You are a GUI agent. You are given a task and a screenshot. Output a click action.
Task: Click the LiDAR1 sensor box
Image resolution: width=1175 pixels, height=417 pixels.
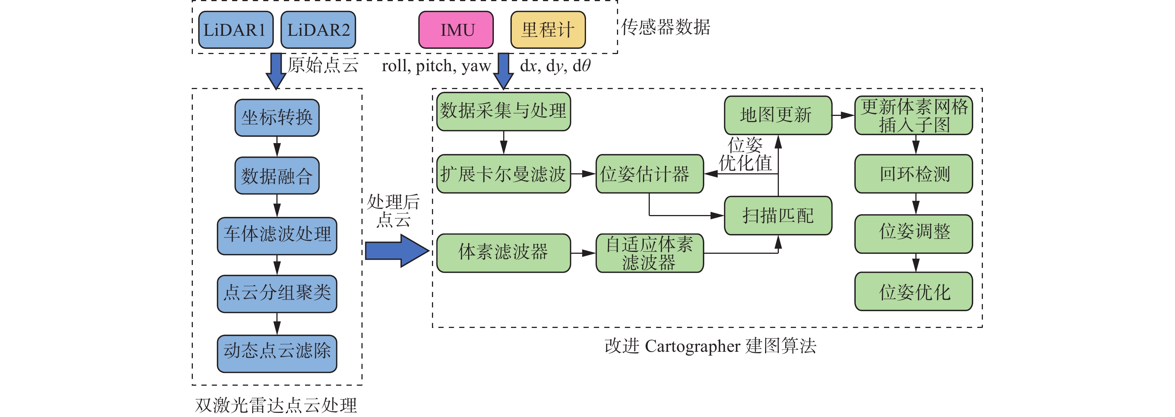(x=236, y=30)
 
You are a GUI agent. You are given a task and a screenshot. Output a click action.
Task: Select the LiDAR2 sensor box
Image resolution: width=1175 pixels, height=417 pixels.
(x=318, y=30)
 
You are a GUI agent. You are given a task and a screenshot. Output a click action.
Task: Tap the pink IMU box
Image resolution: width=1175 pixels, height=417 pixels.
(x=456, y=30)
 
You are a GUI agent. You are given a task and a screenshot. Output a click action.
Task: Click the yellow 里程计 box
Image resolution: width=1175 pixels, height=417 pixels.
(x=548, y=30)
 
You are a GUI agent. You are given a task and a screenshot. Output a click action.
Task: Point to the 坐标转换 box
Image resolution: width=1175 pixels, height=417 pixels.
(x=277, y=118)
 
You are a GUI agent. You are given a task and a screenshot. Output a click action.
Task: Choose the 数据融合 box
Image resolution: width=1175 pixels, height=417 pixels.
(x=277, y=176)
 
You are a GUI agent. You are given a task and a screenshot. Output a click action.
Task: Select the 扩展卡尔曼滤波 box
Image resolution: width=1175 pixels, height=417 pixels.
(x=503, y=174)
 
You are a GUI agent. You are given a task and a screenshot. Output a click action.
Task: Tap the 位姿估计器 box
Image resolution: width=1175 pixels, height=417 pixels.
(x=649, y=174)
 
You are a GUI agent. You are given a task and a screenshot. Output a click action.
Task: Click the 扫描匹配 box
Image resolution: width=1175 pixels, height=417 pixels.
(x=778, y=215)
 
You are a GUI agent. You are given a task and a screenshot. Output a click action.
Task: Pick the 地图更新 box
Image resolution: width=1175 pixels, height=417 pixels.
(x=778, y=115)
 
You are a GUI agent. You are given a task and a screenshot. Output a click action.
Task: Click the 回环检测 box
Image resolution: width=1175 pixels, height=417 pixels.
(x=913, y=174)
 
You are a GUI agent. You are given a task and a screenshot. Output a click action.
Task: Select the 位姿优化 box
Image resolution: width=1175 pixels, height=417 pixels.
(x=913, y=292)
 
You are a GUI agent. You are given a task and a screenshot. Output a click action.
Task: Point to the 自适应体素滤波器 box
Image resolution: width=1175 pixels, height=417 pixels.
(x=649, y=253)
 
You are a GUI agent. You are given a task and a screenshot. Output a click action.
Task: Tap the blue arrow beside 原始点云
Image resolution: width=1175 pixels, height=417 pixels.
(x=276, y=71)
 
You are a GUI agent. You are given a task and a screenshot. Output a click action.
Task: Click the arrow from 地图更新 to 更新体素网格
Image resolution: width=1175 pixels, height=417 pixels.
(x=843, y=115)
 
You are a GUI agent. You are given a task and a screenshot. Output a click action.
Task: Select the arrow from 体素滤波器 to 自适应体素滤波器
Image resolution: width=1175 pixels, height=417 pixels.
(x=583, y=253)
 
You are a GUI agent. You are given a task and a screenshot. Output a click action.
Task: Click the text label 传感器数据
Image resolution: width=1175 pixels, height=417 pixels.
(x=665, y=27)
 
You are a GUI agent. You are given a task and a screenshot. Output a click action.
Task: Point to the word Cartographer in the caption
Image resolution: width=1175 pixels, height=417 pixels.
(x=694, y=346)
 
